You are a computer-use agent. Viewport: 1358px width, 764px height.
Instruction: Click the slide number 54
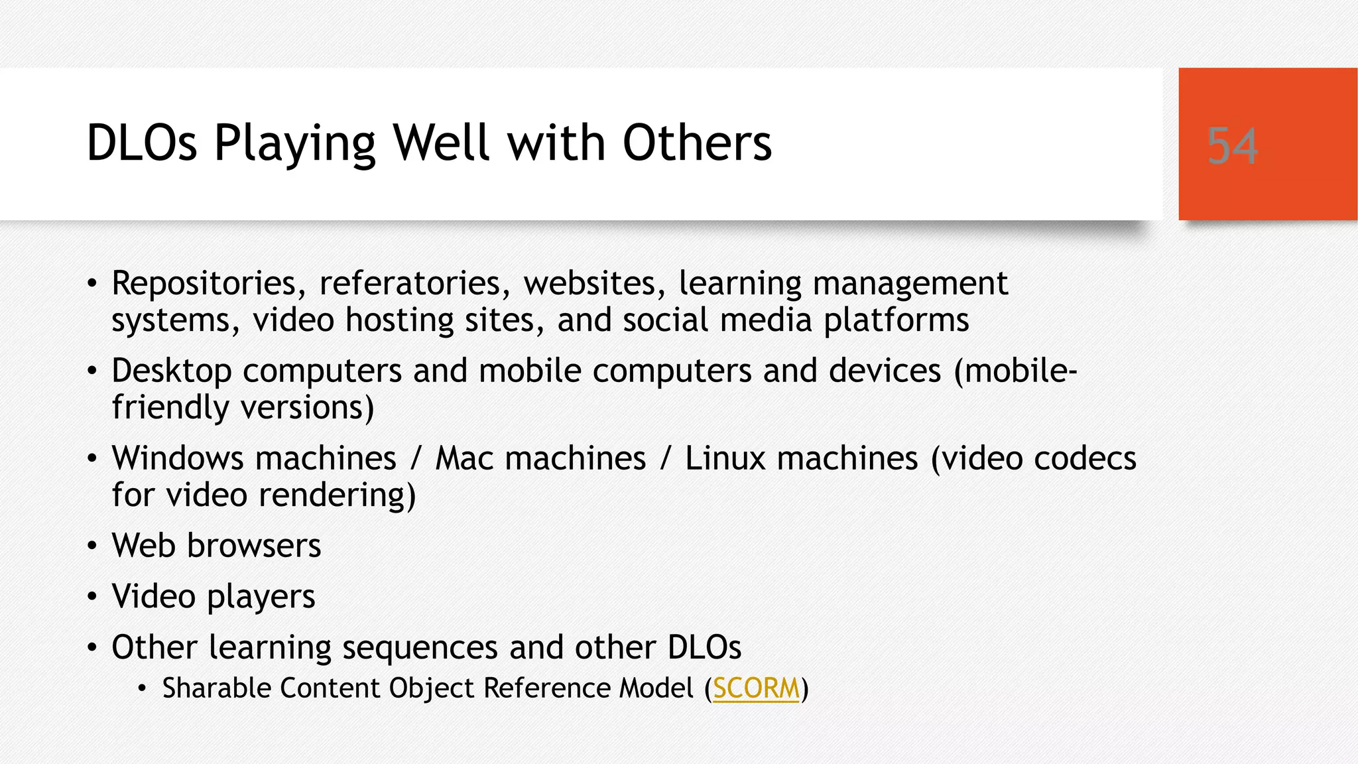pyautogui.click(x=1232, y=145)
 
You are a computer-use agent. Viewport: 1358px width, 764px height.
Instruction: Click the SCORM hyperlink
pyautogui.click(x=756, y=688)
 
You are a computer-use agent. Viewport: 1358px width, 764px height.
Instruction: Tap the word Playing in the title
pyautogui.click(x=295, y=144)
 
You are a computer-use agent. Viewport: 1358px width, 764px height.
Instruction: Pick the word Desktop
pyautogui.click(x=171, y=371)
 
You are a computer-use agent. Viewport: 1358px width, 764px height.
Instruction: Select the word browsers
pyautogui.click(x=254, y=546)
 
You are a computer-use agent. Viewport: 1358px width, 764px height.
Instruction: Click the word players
pyautogui.click(x=261, y=597)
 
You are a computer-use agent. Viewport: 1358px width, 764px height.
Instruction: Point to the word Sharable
pyautogui.click(x=216, y=688)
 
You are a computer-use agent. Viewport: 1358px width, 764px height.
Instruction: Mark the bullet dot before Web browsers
pyautogui.click(x=92, y=546)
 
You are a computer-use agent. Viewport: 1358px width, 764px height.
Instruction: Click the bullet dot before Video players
pyautogui.click(x=92, y=597)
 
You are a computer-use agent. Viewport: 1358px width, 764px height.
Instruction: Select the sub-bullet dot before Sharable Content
pyautogui.click(x=142, y=689)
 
